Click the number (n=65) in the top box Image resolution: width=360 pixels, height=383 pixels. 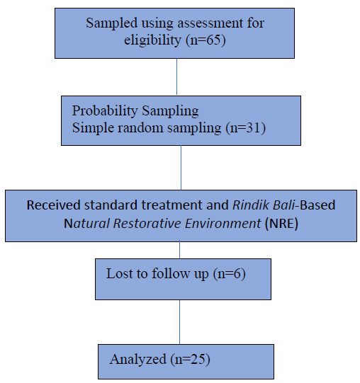(206, 40)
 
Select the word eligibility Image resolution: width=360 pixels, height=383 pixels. (152, 40)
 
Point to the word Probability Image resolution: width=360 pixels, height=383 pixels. (105, 111)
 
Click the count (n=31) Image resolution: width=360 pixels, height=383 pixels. (245, 127)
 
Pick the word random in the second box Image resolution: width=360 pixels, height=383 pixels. (140, 127)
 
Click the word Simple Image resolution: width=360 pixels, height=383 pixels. (93, 127)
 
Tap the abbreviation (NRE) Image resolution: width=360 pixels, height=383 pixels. (281, 223)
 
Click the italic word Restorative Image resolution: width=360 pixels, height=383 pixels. (147, 223)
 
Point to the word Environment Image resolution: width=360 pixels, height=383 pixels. (223, 223)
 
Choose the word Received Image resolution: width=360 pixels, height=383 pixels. (54, 205)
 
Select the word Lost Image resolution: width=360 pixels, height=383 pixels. (118, 273)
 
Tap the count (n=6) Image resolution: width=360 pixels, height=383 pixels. (229, 273)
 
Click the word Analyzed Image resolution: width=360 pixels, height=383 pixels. (138, 360)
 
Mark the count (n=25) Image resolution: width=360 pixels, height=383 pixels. (190, 360)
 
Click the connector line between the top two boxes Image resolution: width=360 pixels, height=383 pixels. (177, 76)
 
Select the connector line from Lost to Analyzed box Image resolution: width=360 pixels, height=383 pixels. (180, 322)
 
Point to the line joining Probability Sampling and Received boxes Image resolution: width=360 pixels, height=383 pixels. (181, 168)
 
